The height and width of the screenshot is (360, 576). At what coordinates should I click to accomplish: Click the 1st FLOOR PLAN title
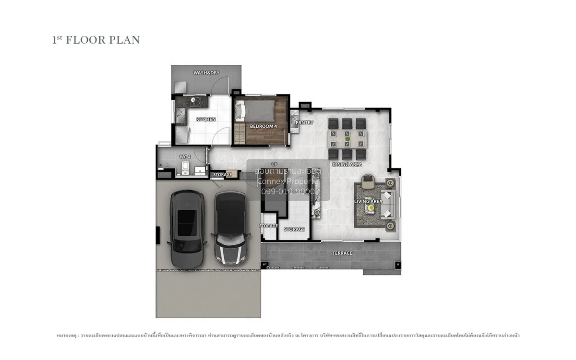click(96, 40)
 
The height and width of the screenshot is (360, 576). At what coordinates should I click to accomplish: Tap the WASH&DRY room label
click(206, 73)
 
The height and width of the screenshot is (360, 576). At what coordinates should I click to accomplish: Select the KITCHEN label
click(206, 119)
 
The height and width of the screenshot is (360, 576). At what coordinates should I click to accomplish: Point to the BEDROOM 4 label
click(263, 126)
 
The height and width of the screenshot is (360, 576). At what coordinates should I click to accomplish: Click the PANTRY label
click(304, 123)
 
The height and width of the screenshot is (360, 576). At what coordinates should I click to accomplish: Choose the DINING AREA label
click(347, 165)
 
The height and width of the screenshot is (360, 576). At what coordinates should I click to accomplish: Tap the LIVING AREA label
click(369, 202)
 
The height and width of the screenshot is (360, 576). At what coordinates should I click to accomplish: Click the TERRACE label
click(342, 253)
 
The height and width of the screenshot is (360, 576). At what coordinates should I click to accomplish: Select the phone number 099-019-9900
click(288, 191)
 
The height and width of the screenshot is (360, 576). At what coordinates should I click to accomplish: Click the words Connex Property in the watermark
click(288, 181)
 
